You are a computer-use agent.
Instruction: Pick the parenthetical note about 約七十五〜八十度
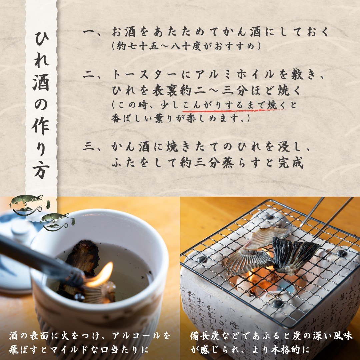click(187, 46)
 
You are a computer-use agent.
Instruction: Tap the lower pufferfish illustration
click(57, 221)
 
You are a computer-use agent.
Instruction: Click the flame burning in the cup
click(102, 275)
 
